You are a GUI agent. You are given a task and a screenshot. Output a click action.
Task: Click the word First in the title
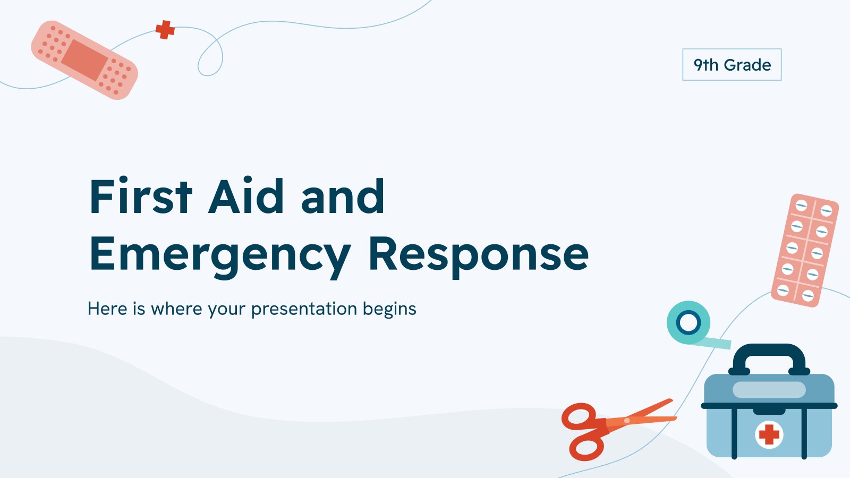tap(141, 196)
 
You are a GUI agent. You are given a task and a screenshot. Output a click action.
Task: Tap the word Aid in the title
tap(246, 196)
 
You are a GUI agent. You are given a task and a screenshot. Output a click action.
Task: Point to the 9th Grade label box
tap(732, 64)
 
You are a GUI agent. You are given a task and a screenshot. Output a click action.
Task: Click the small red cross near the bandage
tap(165, 30)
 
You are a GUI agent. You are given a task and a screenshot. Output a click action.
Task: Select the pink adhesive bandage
tap(84, 60)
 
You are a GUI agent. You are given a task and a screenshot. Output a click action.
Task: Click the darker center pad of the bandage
tap(84, 60)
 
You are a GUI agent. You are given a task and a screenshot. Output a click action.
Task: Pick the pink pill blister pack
tap(805, 250)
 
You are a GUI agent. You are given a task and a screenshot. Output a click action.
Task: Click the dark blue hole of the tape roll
tap(688, 323)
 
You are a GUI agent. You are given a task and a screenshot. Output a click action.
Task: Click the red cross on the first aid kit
tap(769, 434)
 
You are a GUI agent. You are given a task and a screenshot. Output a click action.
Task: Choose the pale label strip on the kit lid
tap(769, 390)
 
